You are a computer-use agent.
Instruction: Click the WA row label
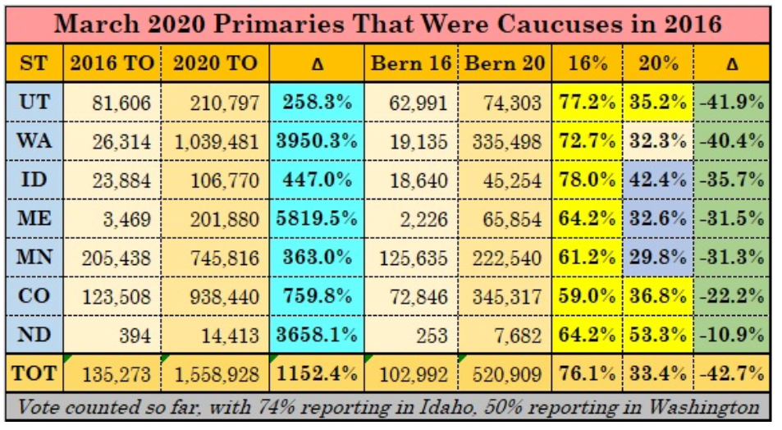(34, 140)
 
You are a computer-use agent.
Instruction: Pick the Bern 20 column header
(504, 63)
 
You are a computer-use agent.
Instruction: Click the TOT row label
(34, 374)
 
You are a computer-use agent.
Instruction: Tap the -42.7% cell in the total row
(732, 374)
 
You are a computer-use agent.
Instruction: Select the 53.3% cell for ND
(659, 336)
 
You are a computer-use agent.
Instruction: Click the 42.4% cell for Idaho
(659, 179)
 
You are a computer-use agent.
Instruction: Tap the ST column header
(34, 63)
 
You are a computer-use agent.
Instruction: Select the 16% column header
(588, 63)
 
